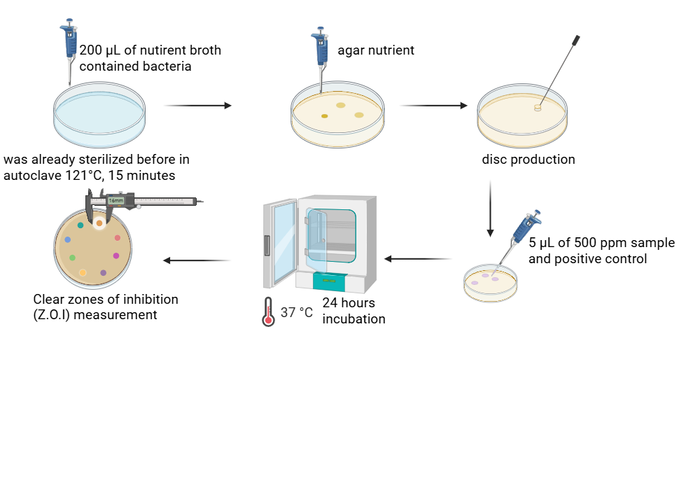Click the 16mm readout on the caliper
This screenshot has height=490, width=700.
[115, 201]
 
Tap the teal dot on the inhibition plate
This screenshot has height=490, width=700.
[80, 225]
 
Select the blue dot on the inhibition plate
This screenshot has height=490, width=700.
[68, 239]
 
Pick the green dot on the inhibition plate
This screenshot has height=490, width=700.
[73, 258]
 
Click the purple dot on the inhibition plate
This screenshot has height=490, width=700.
[104, 272]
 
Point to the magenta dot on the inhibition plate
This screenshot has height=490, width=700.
[116, 255]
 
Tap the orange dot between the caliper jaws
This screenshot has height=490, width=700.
[100, 223]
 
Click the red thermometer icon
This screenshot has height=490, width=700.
[267, 312]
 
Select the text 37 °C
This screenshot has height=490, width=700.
[297, 313]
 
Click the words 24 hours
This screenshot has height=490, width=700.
[349, 303]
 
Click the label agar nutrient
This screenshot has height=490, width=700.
[376, 50]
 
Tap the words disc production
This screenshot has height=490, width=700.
[528, 160]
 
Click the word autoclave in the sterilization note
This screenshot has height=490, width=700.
[31, 175]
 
